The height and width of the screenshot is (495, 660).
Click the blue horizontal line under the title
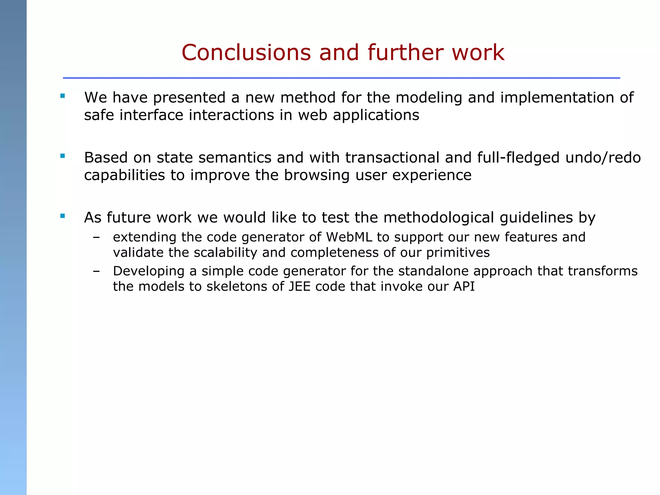tap(341, 78)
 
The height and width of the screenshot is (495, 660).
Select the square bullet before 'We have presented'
tap(63, 96)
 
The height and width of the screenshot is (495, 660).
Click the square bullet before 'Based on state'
tap(63, 156)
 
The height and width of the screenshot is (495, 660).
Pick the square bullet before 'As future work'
tap(63, 216)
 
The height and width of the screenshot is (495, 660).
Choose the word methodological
tap(439, 218)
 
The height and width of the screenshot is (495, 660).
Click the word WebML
tap(349, 237)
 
